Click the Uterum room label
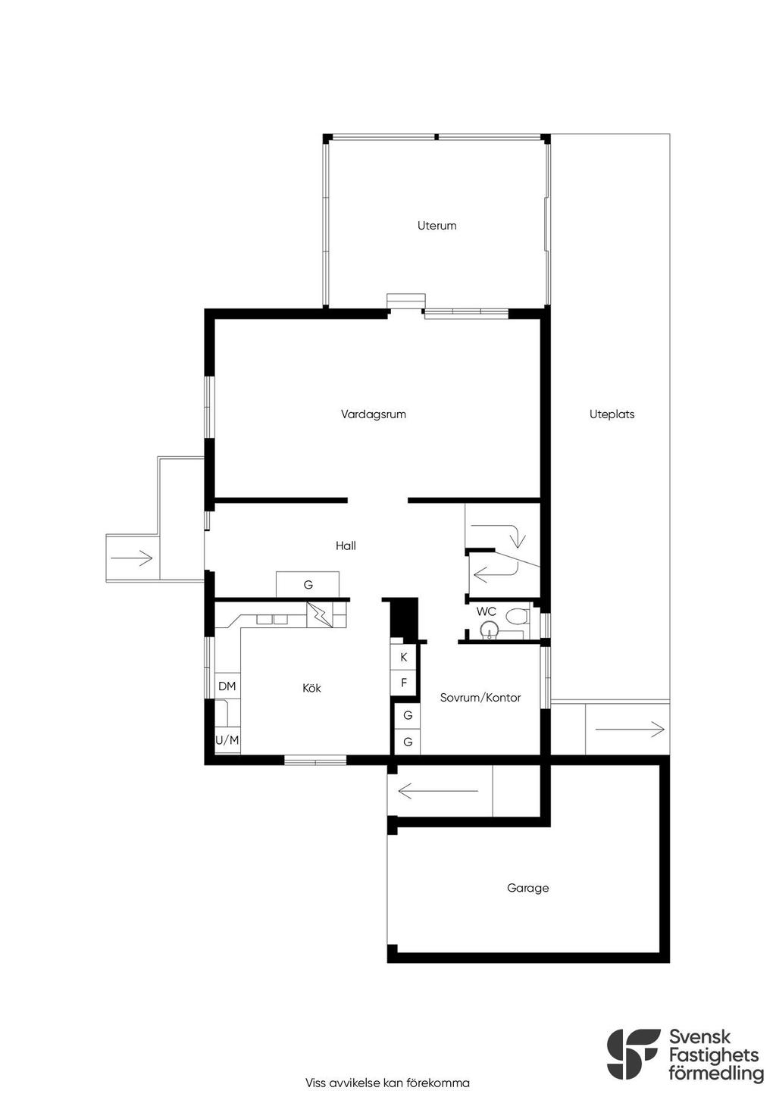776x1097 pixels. tap(436, 226)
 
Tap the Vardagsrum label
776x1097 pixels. tap(374, 414)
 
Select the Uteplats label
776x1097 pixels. tap(612, 414)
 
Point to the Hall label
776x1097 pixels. tap(346, 545)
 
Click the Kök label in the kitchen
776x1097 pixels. tap(311, 688)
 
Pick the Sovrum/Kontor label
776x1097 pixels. tap(480, 698)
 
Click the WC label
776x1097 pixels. tap(486, 611)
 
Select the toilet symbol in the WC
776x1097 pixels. tap(516, 616)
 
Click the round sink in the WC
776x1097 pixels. tap(490, 629)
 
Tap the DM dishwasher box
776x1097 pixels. tap(227, 686)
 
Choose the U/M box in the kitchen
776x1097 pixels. tap(227, 740)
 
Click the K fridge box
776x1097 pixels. tap(403, 658)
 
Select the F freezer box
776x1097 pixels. tap(403, 683)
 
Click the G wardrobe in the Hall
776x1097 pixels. tap(308, 584)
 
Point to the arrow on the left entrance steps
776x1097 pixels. tap(132, 558)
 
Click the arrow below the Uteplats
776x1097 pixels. tap(630, 730)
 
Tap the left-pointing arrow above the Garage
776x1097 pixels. tap(437, 790)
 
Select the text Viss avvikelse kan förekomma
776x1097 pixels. tap(387, 1083)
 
